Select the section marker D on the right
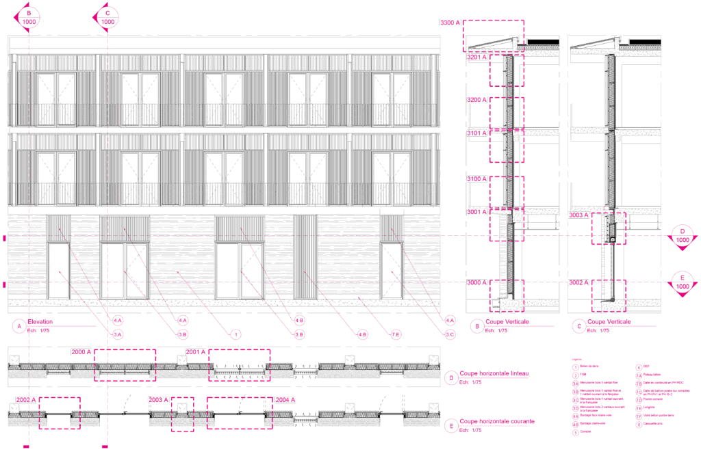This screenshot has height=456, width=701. tap(682, 236)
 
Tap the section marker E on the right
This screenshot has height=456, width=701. tap(682, 283)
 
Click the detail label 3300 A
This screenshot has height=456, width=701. tap(450, 23)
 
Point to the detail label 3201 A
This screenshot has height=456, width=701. tap(477, 57)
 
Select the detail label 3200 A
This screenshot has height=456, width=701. tap(477, 100)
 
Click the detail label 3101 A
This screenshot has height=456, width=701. tap(477, 133)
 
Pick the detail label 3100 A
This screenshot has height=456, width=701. tap(477, 179)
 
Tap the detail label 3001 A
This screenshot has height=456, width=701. tap(477, 213)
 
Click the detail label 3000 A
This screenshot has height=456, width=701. tap(477, 282)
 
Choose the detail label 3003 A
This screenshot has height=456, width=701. tap(579, 215)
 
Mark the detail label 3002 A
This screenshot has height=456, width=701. tap(579, 282)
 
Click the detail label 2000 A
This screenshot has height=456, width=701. tap(81, 352)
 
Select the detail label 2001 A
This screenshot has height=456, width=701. tap(196, 352)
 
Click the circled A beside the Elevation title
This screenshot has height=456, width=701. tap(18, 327)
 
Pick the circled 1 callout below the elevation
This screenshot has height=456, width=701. tap(235, 334)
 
